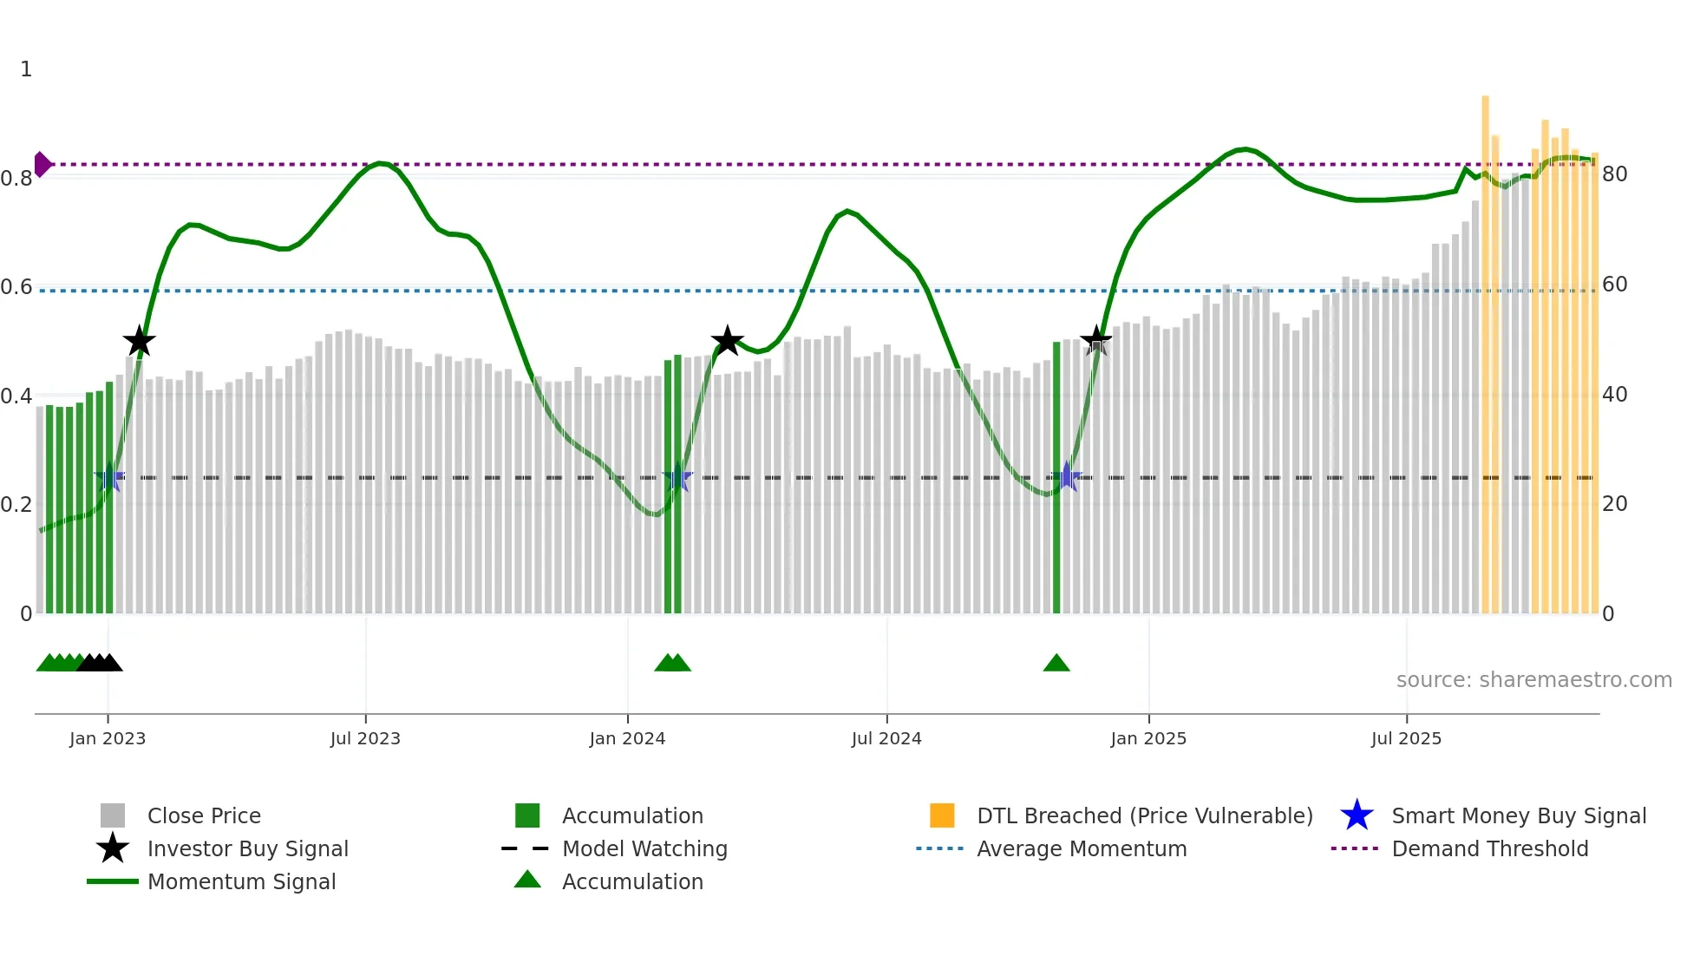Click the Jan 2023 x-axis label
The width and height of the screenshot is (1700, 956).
coord(108,738)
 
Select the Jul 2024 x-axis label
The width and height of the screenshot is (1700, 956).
coord(886,738)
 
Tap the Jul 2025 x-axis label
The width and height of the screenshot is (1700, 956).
coord(1406,738)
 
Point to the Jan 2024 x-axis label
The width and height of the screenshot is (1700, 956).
coord(627,738)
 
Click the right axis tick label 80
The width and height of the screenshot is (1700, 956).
coord(1614,174)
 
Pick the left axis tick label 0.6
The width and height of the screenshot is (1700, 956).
coord(16,287)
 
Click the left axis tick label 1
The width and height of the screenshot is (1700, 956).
coord(26,69)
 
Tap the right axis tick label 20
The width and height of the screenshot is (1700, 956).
coord(1614,504)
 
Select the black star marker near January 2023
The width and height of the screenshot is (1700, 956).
coord(139,342)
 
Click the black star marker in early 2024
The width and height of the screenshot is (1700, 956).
coord(727,341)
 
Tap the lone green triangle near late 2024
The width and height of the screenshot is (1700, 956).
coord(1056,664)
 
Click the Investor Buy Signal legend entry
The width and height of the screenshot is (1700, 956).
coord(247,848)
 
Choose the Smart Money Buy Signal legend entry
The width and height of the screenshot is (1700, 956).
coord(1518,815)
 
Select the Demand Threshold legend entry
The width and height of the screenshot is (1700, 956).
coord(1489,848)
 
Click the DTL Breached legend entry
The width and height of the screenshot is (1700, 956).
coord(1144,815)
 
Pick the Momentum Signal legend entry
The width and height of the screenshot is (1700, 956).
coord(241,881)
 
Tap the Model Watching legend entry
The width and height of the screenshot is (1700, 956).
coord(644,848)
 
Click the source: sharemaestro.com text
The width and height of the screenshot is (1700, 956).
coord(1533,680)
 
